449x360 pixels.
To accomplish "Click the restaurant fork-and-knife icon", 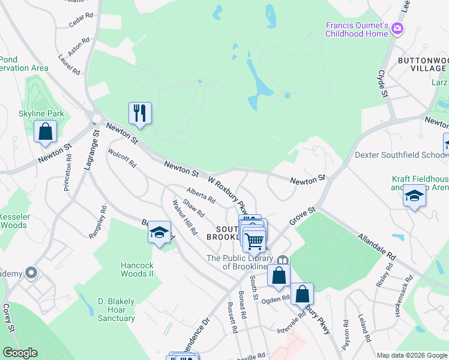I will click(x=140, y=112).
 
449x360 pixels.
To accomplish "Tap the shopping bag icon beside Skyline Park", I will click(x=45, y=131).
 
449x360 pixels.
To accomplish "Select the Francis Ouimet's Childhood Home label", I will click(x=357, y=29).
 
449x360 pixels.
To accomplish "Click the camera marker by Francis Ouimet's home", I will click(x=397, y=28).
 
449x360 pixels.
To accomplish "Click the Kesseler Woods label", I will click(x=13, y=221).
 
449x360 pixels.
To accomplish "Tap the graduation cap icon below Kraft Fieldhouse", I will click(x=414, y=196).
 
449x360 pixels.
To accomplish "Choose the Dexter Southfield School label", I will click(x=400, y=155).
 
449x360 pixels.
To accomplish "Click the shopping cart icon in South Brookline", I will click(x=255, y=240).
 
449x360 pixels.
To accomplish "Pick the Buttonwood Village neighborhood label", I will click(x=423, y=65).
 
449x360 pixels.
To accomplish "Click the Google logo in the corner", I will click(x=20, y=353).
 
